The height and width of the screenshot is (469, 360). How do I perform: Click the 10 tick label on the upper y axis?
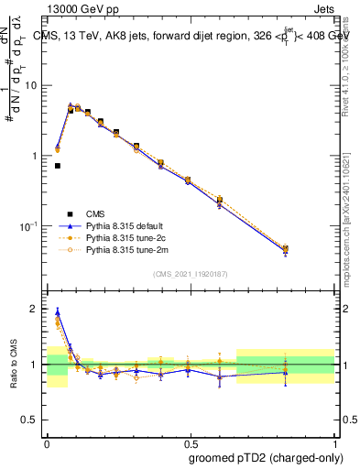[x=31, y=85]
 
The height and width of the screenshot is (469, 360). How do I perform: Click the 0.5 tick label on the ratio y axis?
[x=29, y=420]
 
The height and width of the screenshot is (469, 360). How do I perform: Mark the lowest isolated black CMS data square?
[x=58, y=166]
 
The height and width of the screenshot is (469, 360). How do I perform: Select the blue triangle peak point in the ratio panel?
[x=58, y=311]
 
